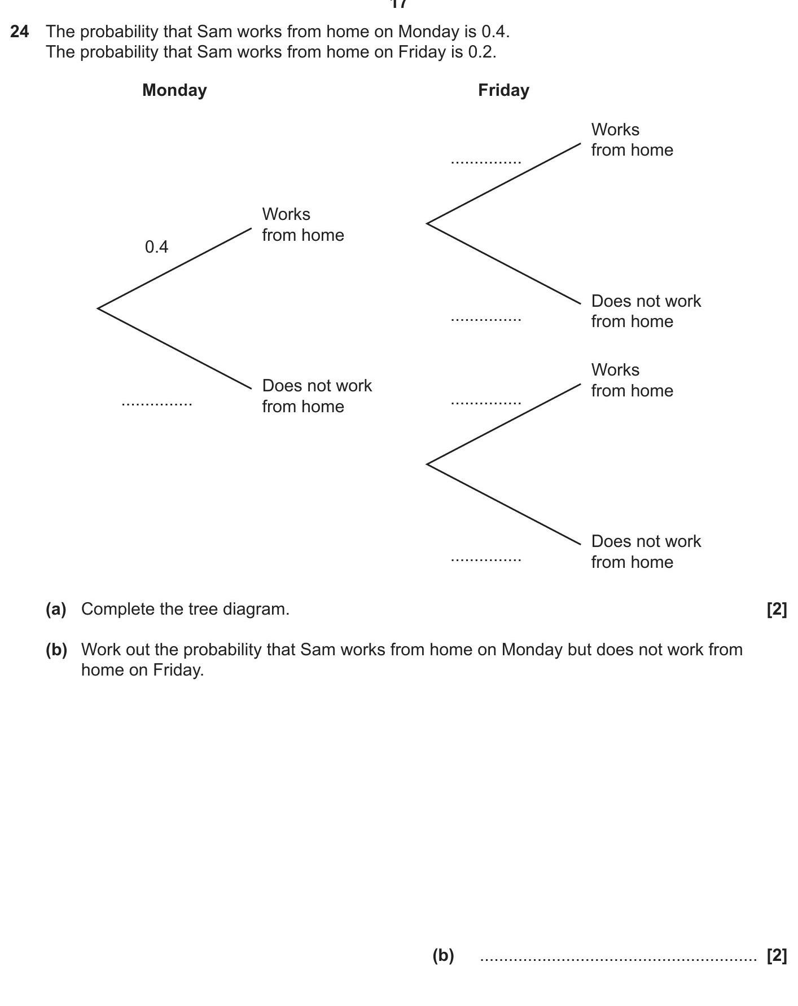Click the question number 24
(20, 32)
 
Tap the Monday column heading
(174, 90)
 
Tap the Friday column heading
(503, 90)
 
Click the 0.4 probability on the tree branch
(156, 247)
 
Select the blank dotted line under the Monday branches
(157, 404)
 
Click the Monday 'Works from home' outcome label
(302, 224)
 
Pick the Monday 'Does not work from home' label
(317, 396)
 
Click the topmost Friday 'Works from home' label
(632, 140)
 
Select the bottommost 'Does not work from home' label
(646, 551)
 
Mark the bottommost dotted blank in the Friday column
(486, 560)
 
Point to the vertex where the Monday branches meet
(99, 308)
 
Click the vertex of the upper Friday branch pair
(428, 224)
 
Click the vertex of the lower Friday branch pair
(428, 464)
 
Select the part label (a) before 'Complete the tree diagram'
(56, 609)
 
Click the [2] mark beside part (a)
(777, 609)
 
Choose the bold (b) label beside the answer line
(443, 955)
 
